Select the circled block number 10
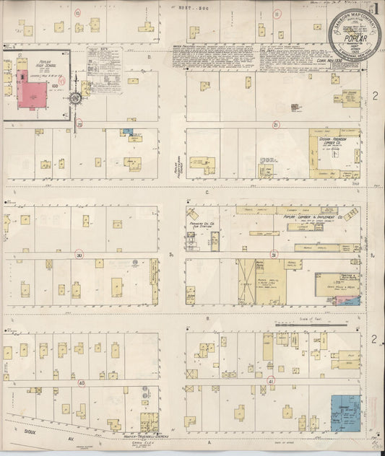pyautogui.click(x=77, y=12)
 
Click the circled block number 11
pyautogui.click(x=277, y=12)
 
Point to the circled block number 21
pyautogui.click(x=275, y=124)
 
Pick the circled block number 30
pyautogui.click(x=79, y=255)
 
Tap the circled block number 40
pyautogui.click(x=82, y=382)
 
